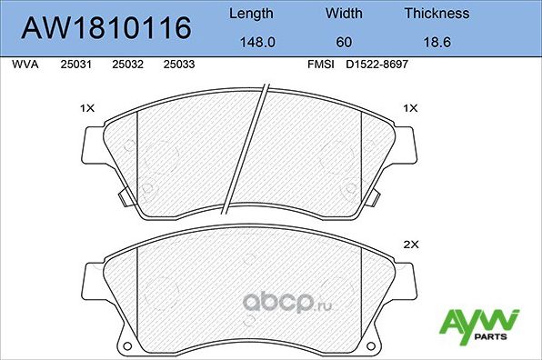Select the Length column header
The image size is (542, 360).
coord(250,14)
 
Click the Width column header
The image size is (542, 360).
coord(344,14)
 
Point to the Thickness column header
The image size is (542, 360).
coord(437,14)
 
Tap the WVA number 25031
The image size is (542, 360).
coord(74,65)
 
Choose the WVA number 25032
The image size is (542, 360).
coord(125,65)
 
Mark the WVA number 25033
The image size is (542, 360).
coord(176,65)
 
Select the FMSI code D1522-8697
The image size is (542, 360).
coord(376,65)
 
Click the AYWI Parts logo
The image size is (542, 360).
coord(478,325)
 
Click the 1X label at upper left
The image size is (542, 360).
coord(88,108)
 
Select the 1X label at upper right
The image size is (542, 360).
coord(409,108)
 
